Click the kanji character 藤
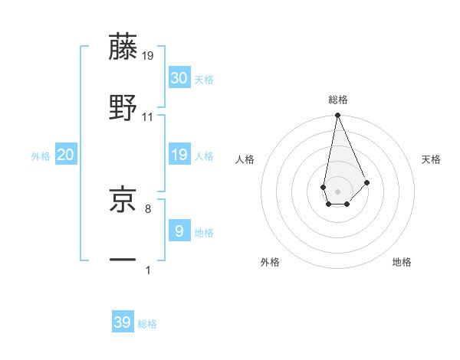point(123,47)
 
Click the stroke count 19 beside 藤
point(148,56)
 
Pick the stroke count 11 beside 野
point(148,116)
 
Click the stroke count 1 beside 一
point(148,270)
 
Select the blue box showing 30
point(179,77)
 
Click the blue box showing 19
point(179,155)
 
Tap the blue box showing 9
point(179,231)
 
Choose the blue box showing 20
point(66,155)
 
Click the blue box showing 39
point(123,322)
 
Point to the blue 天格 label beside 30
point(204,80)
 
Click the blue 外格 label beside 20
point(41,156)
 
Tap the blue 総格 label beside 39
point(147,324)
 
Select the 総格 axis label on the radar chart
point(338,100)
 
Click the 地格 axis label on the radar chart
point(402,262)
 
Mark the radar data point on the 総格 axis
point(337,116)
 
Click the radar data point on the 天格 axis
point(367,182)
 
